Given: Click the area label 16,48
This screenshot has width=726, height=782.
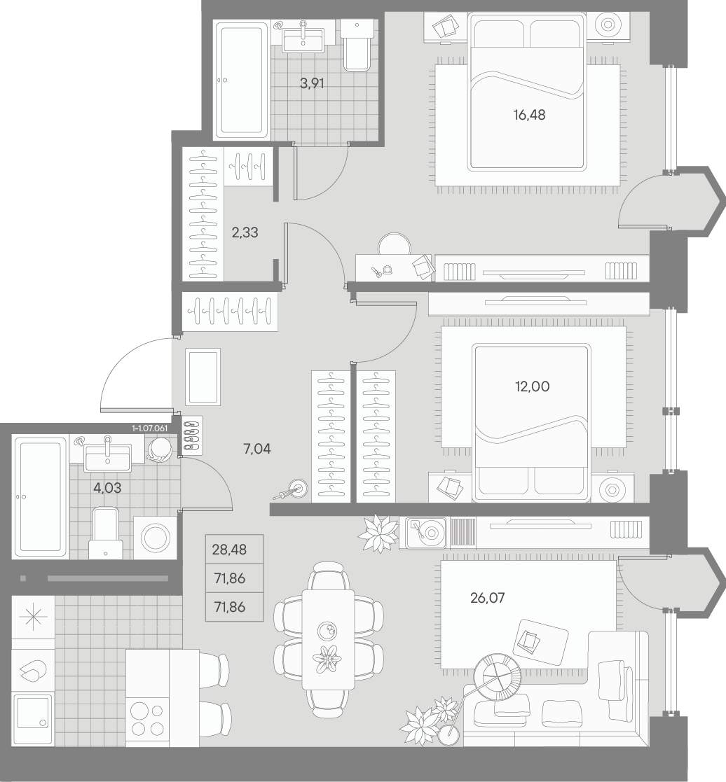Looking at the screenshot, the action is pos(529,116).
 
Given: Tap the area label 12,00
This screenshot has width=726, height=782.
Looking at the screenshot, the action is pos(533,386).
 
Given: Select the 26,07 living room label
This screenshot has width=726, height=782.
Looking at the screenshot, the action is pos(487,597).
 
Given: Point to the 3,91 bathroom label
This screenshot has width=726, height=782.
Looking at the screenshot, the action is pos(312,84).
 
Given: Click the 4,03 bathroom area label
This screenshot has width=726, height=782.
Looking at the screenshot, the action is pos(107,487).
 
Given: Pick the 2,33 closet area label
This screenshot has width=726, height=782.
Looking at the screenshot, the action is pos(245,232).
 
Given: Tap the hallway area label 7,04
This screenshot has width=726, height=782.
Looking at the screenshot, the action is pos(256,449).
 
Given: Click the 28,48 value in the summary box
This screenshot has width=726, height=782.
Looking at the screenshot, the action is pos(229,550).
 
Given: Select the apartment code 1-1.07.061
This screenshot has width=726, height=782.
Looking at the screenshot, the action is pos(150,428).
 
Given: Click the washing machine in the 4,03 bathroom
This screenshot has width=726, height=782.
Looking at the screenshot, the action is pos(156,538).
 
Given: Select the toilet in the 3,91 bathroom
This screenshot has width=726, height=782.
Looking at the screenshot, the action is pos(357,45).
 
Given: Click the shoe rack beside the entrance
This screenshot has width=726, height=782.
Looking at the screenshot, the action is pos(192,435).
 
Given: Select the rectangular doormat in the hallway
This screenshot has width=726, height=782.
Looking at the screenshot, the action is pos(203,377).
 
